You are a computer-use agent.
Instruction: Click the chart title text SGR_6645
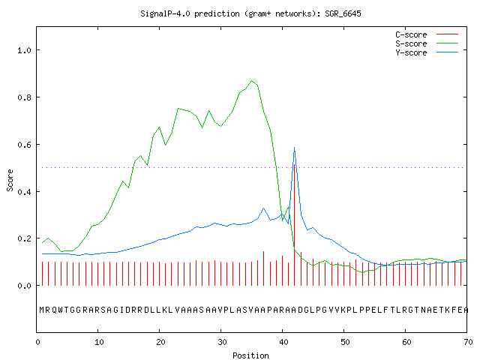[343, 13]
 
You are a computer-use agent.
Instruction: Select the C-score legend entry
[427, 34]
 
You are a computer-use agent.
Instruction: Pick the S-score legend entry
[427, 43]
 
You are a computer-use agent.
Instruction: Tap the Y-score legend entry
[427, 52]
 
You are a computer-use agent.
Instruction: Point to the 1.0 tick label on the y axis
[24, 50]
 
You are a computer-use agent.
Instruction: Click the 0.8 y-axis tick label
[24, 97]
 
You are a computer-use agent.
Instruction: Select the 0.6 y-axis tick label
[24, 145]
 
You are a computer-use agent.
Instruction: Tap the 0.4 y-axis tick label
[24, 192]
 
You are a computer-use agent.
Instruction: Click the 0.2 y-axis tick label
[24, 238]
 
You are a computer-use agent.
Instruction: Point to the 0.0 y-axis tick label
[24, 286]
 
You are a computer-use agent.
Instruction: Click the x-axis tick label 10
[98, 342]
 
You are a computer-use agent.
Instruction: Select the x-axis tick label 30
[222, 342]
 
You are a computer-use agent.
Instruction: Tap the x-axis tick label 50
[345, 342]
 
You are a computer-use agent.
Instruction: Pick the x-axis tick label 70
[468, 342]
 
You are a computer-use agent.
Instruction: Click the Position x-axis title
[250, 355]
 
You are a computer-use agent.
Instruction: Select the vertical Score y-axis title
[10, 180]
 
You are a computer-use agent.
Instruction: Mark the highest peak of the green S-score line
[252, 81]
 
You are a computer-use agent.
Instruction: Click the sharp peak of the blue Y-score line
[294, 148]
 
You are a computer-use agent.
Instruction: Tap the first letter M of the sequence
[42, 310]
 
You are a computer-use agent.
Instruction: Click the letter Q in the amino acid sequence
[54, 310]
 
